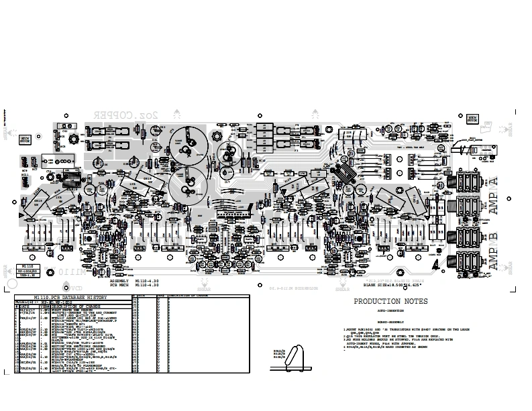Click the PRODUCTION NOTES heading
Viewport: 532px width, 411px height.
click(390, 302)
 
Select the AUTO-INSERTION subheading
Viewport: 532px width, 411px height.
click(391, 311)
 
